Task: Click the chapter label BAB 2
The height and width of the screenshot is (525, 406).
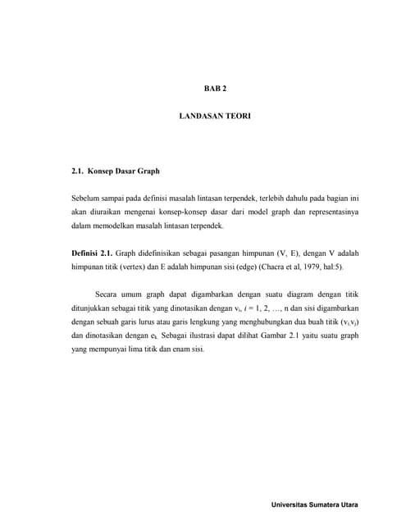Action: (215, 88)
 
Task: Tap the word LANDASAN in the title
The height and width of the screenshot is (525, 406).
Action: (198, 116)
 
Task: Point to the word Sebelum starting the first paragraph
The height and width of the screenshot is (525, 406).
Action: (87, 199)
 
